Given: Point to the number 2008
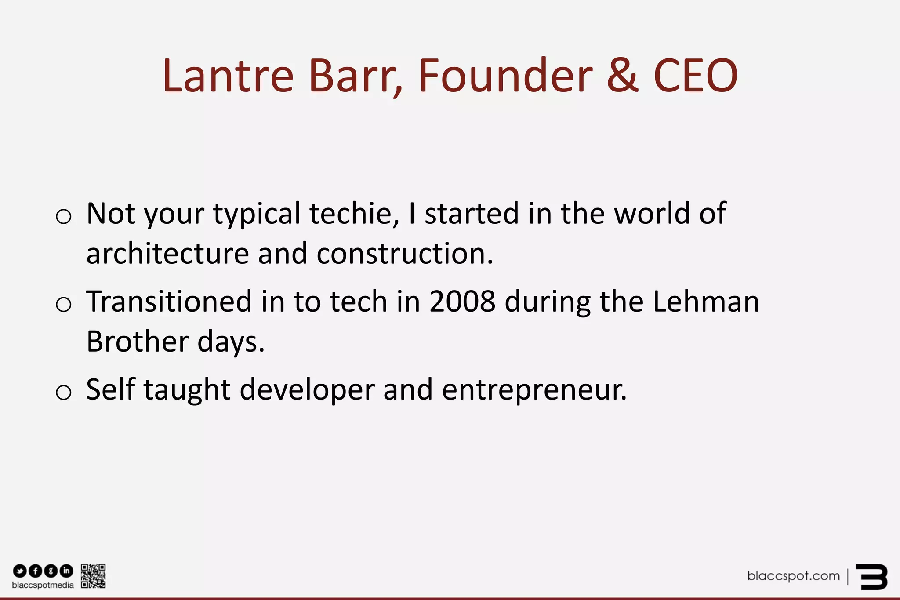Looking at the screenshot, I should pos(462,302).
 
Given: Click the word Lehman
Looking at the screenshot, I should pos(706,302).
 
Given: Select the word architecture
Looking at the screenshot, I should pos(167,254).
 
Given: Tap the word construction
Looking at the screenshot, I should pos(404,254).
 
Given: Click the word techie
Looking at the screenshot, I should pos(354,214).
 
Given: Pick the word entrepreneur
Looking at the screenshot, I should pos(534,390).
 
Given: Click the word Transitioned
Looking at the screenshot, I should pos(169,302).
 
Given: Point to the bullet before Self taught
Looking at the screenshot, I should pos(64,392).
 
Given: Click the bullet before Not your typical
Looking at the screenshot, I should pos(64,216).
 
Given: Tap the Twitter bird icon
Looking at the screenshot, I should pos(20,571).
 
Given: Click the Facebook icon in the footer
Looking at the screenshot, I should pos(35,571).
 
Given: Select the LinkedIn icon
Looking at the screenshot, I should pos(66,571).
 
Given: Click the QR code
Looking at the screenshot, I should pos(93,576).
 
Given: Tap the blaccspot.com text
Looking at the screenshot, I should pos(793,576).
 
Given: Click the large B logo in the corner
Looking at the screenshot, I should pos(872,577).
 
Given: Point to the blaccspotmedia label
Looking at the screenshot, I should pos(43,585).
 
